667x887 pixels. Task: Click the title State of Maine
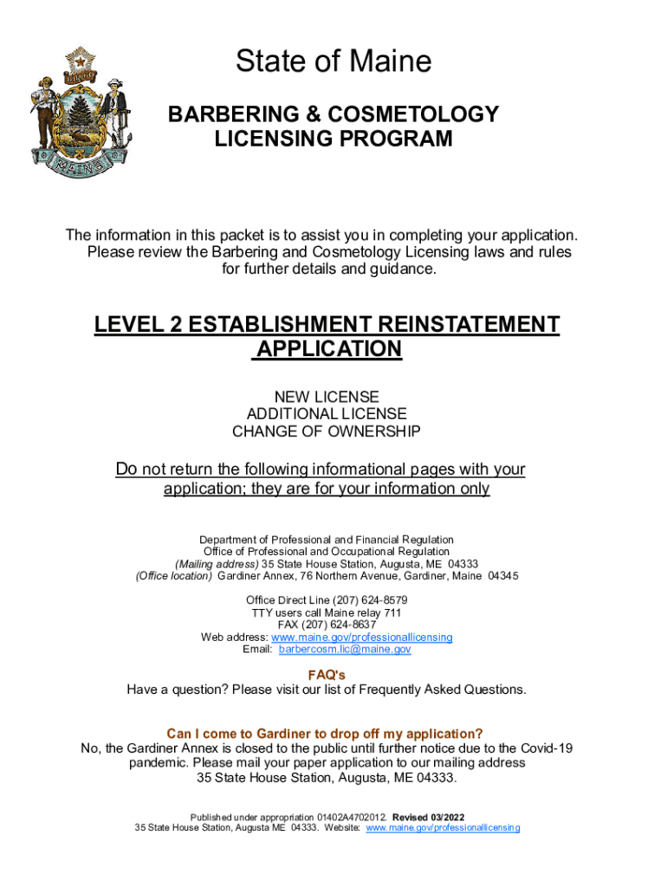pyautogui.click(x=333, y=62)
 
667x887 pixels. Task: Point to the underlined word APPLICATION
pyautogui.click(x=328, y=349)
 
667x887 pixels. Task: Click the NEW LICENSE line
pyautogui.click(x=327, y=397)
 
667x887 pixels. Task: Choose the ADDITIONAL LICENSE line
pyautogui.click(x=327, y=414)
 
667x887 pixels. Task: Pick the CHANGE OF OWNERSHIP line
pyautogui.click(x=327, y=431)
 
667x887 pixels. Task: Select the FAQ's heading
pyautogui.click(x=327, y=675)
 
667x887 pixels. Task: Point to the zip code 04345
pyautogui.click(x=503, y=576)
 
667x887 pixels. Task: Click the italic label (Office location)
pyautogui.click(x=173, y=576)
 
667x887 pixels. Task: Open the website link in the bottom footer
pyautogui.click(x=444, y=828)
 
